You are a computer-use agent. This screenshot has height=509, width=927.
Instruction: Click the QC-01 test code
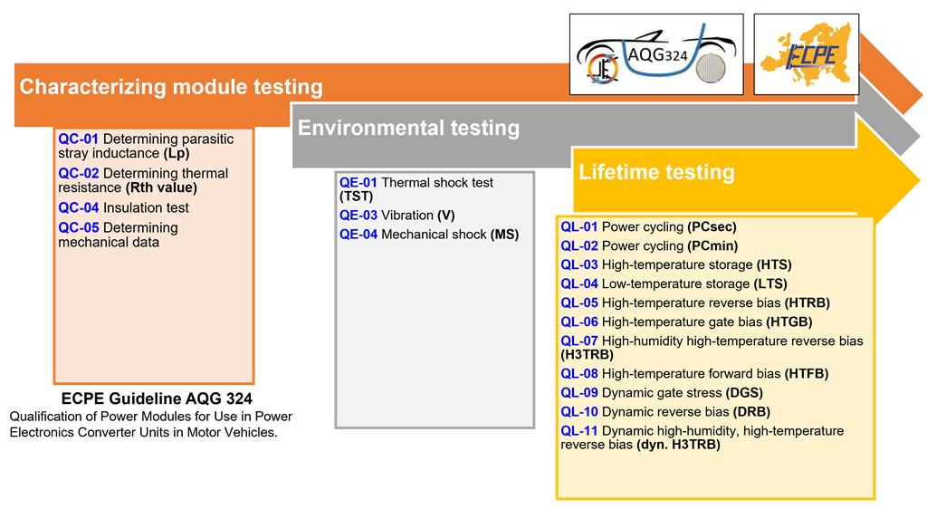pos(78,139)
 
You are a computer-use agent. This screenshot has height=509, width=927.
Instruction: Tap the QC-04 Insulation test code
pos(78,207)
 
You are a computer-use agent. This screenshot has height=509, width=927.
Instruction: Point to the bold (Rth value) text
pos(161,187)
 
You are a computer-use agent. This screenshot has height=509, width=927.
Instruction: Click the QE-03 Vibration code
pos(358,216)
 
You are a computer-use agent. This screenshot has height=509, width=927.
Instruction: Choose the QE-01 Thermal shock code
pos(358,183)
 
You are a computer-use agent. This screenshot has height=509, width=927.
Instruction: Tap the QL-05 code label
pos(579,303)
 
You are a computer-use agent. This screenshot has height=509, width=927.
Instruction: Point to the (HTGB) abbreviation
pos(789,322)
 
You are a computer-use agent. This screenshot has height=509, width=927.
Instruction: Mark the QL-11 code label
pos(579,431)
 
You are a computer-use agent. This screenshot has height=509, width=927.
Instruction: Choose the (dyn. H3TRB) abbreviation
pos(679,445)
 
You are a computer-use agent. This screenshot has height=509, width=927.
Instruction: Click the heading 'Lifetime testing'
pos(656,172)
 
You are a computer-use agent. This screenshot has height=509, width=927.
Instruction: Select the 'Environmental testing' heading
pos(408,128)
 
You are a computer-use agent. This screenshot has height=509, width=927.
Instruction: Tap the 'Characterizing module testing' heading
pos(171,86)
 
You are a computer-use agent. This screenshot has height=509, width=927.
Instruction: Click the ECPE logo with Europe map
pos(807,54)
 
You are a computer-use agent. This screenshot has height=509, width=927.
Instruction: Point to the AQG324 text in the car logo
pos(657,55)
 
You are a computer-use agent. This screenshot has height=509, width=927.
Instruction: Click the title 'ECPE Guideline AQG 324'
pos(157,399)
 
